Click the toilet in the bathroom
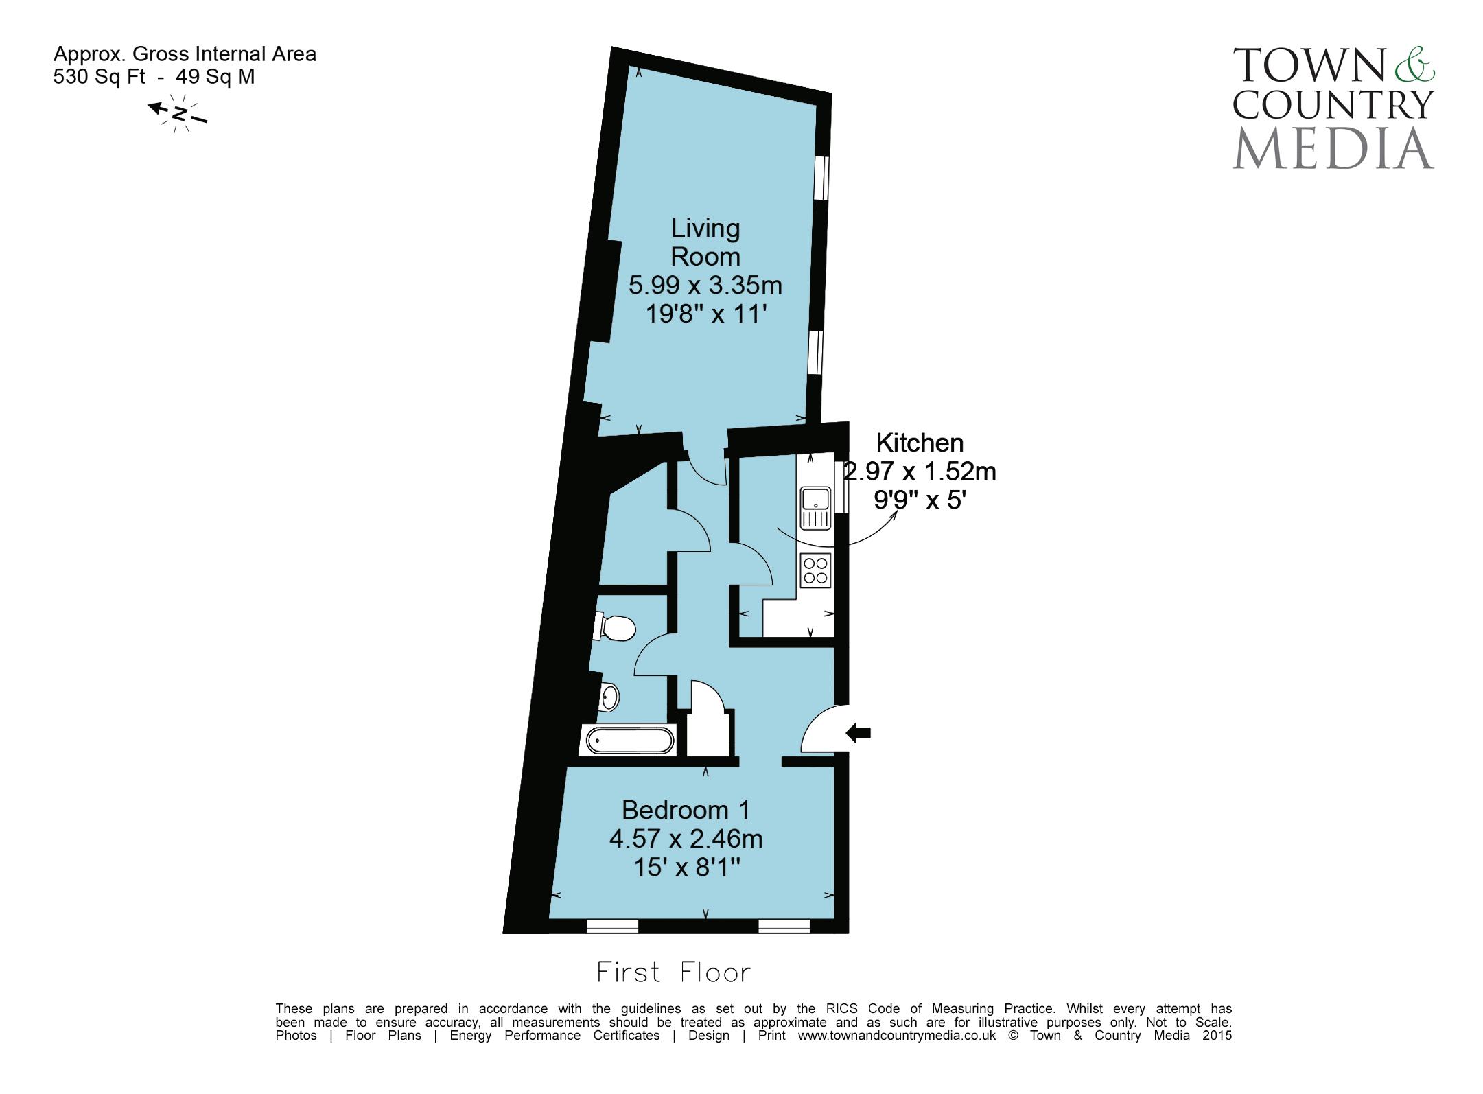pyautogui.click(x=615, y=627)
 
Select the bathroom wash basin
pyautogui.click(x=609, y=697)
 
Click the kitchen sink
pyautogui.click(x=815, y=508)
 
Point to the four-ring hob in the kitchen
pyautogui.click(x=815, y=571)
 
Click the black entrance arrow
pyautogui.click(x=858, y=732)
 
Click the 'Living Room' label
pyautogui.click(x=705, y=242)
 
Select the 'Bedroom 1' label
pyautogui.click(x=685, y=810)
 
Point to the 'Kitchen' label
pyautogui.click(x=920, y=443)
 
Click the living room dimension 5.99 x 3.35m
pyautogui.click(x=705, y=285)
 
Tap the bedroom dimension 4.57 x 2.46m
pyautogui.click(x=686, y=839)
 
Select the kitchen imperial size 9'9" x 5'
pyautogui.click(x=920, y=500)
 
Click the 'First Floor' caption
pyautogui.click(x=673, y=973)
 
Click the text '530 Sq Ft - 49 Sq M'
pyautogui.click(x=154, y=76)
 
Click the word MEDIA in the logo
pyautogui.click(x=1333, y=148)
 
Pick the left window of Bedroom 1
pyautogui.click(x=612, y=926)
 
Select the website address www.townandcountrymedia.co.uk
pyautogui.click(x=896, y=1036)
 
